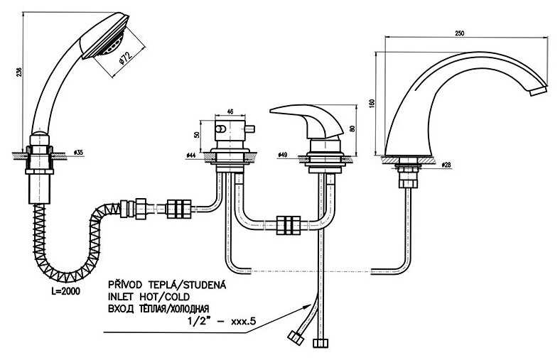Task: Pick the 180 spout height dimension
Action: click(370, 103)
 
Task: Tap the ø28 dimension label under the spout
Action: click(446, 165)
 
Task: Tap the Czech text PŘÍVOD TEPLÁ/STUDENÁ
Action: click(165, 285)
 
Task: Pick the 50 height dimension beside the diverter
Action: click(197, 135)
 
